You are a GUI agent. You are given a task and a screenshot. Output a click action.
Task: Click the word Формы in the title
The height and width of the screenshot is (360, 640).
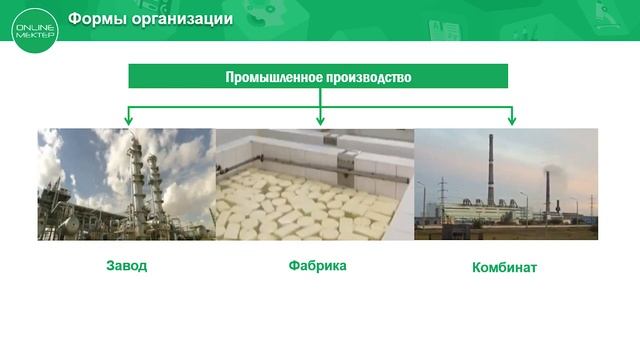click(95, 19)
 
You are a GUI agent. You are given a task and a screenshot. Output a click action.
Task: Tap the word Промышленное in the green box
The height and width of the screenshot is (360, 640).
click(272, 76)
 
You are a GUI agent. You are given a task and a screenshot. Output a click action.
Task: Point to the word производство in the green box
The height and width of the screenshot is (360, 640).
click(367, 76)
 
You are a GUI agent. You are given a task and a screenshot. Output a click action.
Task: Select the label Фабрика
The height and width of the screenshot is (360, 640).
click(317, 266)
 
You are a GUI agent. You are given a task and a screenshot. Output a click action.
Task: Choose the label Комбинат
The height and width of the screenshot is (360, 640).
click(504, 267)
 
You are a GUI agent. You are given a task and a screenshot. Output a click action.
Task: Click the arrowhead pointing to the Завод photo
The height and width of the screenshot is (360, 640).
click(128, 120)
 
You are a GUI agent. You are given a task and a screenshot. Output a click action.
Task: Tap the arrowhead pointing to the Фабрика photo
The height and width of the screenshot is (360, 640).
click(320, 120)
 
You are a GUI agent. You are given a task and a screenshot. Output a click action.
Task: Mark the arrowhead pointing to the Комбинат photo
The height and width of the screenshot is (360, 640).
click(512, 120)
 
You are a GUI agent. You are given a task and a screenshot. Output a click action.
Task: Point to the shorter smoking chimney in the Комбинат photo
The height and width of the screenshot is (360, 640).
click(547, 195)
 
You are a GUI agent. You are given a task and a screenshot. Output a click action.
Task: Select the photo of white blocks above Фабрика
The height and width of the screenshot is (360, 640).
click(300, 205)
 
